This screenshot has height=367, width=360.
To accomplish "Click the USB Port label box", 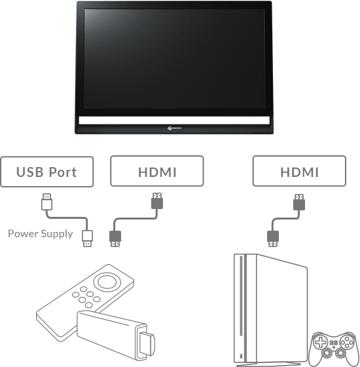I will (46, 172).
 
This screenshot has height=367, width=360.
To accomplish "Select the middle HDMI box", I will (157, 172).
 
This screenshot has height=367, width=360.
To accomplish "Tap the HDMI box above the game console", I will (299, 172).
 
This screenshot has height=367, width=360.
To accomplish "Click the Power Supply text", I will (41, 233).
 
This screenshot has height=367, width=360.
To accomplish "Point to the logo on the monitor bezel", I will (173, 129).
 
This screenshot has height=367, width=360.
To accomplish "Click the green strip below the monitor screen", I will (173, 121).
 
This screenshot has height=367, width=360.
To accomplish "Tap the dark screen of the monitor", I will (173, 59).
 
